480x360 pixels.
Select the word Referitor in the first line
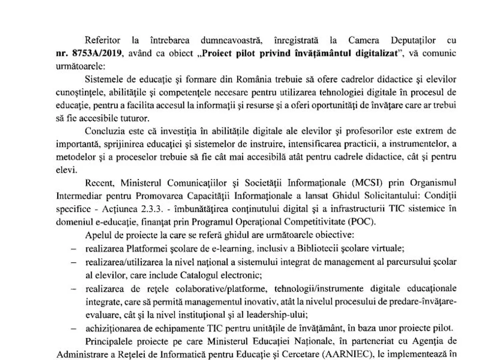coord(101,41)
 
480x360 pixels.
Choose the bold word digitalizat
coord(375,54)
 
